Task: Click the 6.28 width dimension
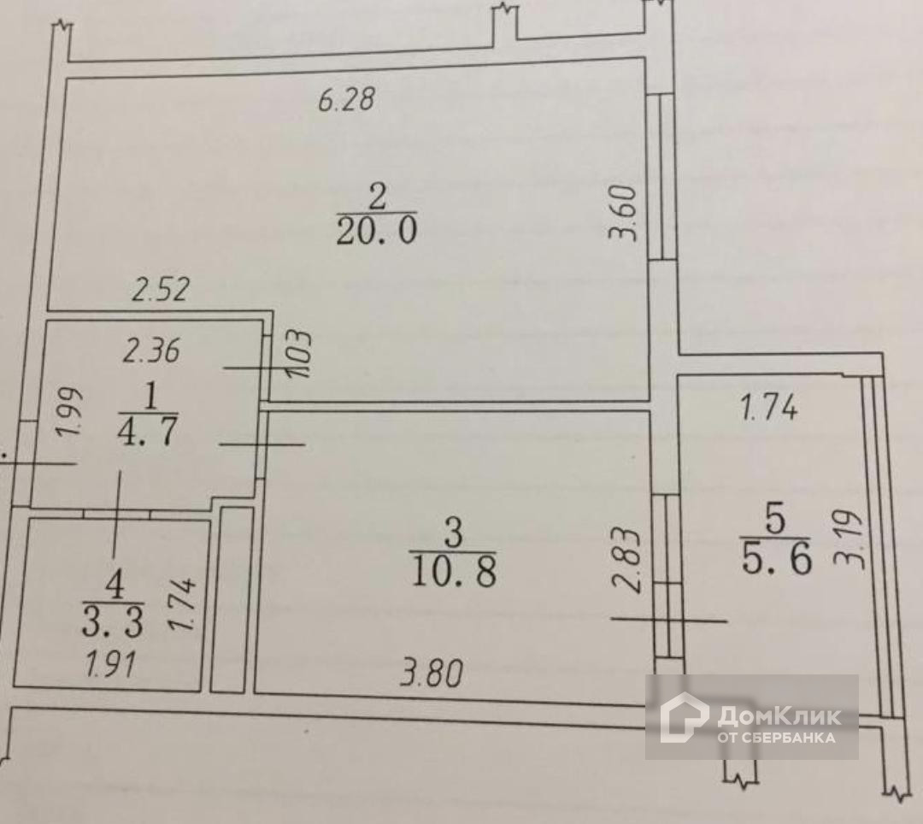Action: coord(346,101)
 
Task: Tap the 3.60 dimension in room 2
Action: coord(626,214)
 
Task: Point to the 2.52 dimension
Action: coord(161,291)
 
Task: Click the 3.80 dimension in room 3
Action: coord(432,676)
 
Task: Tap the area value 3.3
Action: coord(112,623)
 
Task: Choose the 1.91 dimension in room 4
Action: coord(112,665)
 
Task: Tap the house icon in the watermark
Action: coord(683,717)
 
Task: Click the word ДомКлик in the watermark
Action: coord(778,715)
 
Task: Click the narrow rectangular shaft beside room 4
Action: coord(232,598)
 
